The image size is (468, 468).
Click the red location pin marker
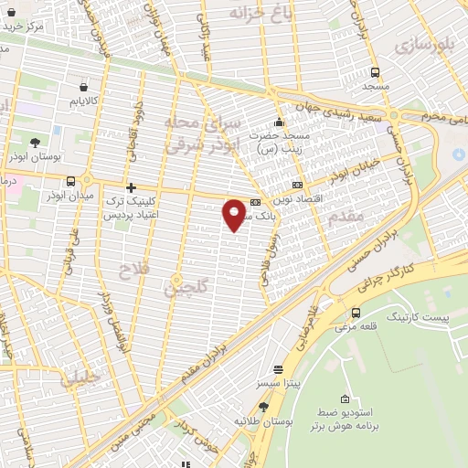point(235,214)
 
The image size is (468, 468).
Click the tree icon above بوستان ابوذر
point(35,143)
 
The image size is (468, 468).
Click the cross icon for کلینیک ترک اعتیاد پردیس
point(132,187)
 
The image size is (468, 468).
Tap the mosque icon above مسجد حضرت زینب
point(279,123)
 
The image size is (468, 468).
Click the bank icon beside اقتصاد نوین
point(297,186)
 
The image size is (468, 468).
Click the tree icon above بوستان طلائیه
point(264,407)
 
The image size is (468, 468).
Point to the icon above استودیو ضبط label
point(345,399)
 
